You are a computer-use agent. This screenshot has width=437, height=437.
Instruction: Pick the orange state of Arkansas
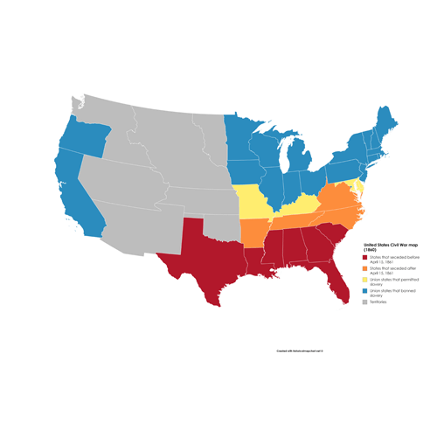pos(254,232)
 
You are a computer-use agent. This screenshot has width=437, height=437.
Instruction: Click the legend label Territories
pos(378,302)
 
